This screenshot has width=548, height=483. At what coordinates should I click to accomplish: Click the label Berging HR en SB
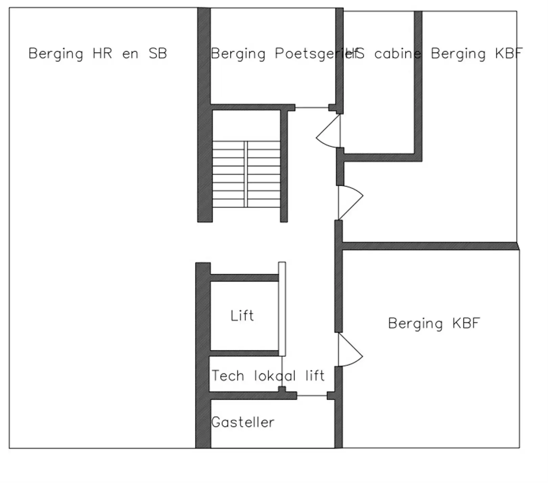point(97,54)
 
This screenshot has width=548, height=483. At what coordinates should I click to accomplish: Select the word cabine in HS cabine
point(397,54)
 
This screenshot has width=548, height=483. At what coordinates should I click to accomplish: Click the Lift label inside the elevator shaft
point(242,316)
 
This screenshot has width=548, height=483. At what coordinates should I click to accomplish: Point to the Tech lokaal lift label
point(268,376)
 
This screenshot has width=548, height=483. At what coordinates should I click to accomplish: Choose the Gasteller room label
point(243,422)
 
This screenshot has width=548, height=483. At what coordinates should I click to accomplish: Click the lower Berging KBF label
point(434,323)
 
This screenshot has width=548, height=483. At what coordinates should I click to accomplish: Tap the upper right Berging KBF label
point(476,54)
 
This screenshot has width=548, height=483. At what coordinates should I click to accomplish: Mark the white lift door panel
point(282,309)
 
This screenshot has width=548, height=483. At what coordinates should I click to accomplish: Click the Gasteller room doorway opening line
point(312,396)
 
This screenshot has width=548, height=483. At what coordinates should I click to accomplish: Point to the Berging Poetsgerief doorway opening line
point(312,108)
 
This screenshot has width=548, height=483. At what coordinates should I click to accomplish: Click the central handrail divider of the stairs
point(246,174)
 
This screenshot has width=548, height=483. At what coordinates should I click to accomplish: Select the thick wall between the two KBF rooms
point(430,246)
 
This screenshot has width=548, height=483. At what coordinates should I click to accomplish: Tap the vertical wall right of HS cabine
point(418,84)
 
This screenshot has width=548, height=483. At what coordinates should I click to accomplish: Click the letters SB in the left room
point(158,54)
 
